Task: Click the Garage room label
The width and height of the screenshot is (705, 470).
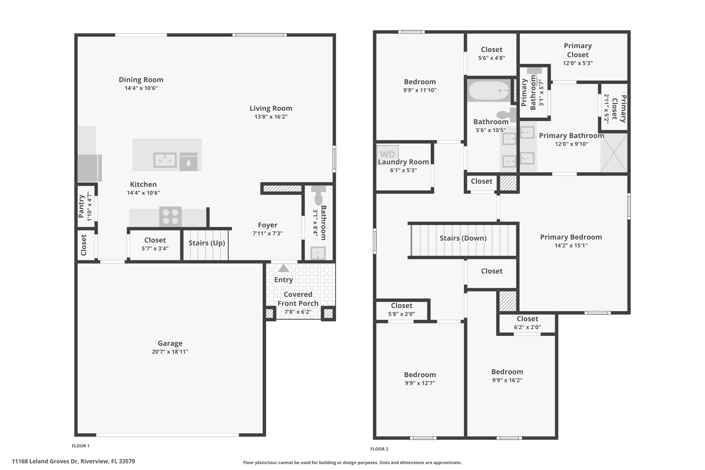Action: click(x=170, y=343)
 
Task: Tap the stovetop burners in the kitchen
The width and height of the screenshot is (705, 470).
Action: click(x=170, y=217)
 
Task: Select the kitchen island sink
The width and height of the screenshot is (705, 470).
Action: click(x=165, y=160)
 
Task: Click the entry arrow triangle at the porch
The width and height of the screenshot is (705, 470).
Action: click(x=283, y=268)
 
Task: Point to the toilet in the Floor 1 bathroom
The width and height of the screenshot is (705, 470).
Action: click(x=318, y=195)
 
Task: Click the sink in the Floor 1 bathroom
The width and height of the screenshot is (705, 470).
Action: click(x=318, y=253)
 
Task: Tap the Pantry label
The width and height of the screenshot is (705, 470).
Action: click(x=81, y=206)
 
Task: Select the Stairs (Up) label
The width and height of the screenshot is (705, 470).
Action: click(x=207, y=243)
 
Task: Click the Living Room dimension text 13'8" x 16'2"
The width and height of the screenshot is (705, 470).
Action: click(x=271, y=117)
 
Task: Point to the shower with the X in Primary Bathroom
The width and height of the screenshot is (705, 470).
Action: click(x=614, y=152)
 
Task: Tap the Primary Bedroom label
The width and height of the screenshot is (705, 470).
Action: click(x=571, y=237)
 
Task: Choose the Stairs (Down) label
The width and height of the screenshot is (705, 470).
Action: click(x=463, y=238)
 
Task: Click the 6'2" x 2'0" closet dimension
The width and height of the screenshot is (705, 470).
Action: click(x=527, y=327)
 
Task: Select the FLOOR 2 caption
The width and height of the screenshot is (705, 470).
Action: click(x=379, y=449)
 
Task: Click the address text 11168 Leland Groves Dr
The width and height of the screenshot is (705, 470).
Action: click(x=45, y=461)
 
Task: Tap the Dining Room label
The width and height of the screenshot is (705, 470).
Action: click(x=141, y=80)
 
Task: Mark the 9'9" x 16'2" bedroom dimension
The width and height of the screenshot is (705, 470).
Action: click(x=507, y=380)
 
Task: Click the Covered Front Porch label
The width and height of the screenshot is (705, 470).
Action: click(x=298, y=299)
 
